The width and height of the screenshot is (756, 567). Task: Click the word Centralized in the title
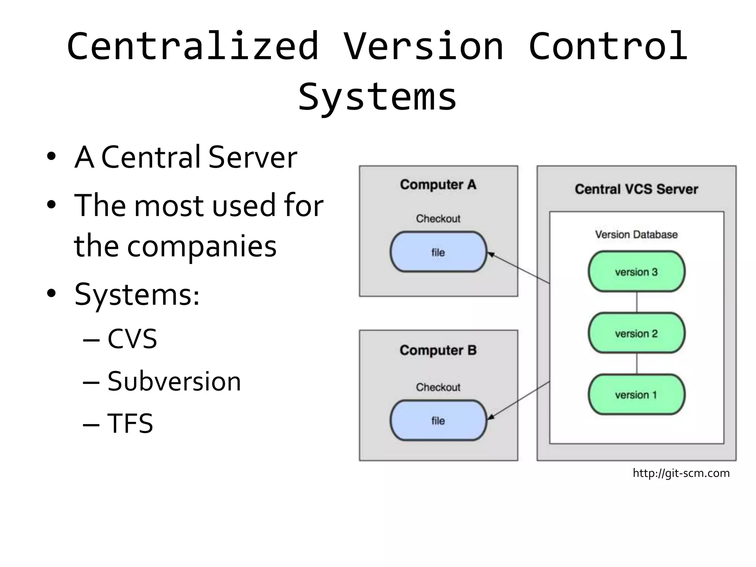coord(193,46)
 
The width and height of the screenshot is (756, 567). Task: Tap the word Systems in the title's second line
coord(377,97)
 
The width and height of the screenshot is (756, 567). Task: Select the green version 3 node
coord(636,272)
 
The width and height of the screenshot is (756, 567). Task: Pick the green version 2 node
coord(636,333)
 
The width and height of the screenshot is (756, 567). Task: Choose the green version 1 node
coord(636,395)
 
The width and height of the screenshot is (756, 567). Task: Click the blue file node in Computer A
coord(438,252)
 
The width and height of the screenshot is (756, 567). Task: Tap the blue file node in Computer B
coord(438,420)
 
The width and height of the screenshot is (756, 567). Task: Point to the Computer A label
coord(438,184)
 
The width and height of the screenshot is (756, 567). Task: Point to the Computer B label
coord(438,350)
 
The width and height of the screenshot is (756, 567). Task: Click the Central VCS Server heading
coord(636,189)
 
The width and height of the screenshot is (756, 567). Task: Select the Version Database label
coord(636,234)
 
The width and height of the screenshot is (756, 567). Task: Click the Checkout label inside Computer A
coord(438,219)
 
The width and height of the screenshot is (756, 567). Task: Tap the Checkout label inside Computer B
coord(438,387)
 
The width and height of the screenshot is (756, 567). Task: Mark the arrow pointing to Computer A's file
coord(519,268)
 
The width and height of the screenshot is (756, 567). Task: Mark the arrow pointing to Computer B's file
coord(519,401)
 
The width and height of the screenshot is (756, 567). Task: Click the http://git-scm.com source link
coord(681,473)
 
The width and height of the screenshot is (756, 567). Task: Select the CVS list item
coord(132,339)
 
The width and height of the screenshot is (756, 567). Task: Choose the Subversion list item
coord(174,381)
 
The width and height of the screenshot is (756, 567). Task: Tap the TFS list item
coord(130,423)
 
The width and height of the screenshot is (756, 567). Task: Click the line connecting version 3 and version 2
coord(637,302)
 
